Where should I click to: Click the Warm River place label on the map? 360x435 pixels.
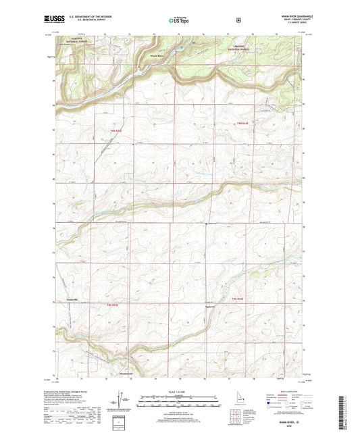[x=156, y=56]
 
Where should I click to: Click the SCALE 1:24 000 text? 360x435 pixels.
[x=179, y=392]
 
